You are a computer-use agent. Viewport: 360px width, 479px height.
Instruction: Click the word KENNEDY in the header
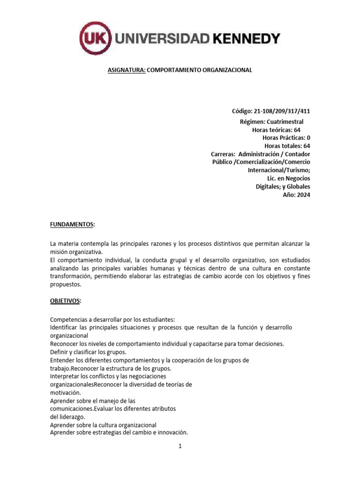[x=247, y=39]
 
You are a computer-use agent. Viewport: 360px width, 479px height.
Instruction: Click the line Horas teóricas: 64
[x=276, y=130]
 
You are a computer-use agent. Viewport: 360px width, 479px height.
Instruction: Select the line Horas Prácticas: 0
[x=286, y=138]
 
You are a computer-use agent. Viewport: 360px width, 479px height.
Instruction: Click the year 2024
[x=303, y=195]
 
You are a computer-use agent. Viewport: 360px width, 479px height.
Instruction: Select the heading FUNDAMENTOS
[x=72, y=225]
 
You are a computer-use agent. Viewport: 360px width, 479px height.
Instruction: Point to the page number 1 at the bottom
[x=180, y=446]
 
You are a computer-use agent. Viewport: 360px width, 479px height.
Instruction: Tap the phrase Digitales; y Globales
[x=283, y=187]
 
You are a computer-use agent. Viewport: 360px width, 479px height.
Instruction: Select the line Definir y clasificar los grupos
[x=88, y=352]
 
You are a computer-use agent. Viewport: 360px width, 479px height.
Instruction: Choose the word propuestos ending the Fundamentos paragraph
[x=66, y=284]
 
